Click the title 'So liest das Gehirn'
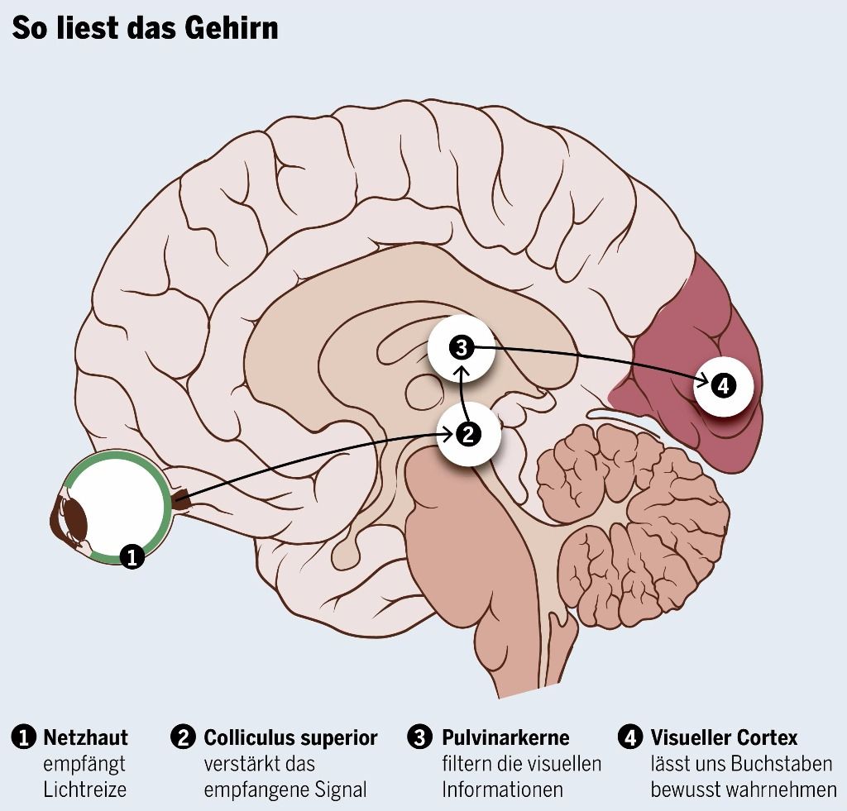click(144, 27)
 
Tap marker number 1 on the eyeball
click(132, 556)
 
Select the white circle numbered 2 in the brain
click(469, 433)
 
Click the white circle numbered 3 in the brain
click(461, 347)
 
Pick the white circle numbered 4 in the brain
click(723, 384)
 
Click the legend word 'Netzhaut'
click(85, 737)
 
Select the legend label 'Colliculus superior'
click(290, 737)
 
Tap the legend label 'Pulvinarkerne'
click(505, 737)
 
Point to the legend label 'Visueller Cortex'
click(724, 737)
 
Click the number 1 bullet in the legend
click(23, 737)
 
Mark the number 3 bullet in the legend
click(421, 737)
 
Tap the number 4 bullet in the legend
click(630, 737)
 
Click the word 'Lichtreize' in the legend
click(84, 790)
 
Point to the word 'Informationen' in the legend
click(502, 790)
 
